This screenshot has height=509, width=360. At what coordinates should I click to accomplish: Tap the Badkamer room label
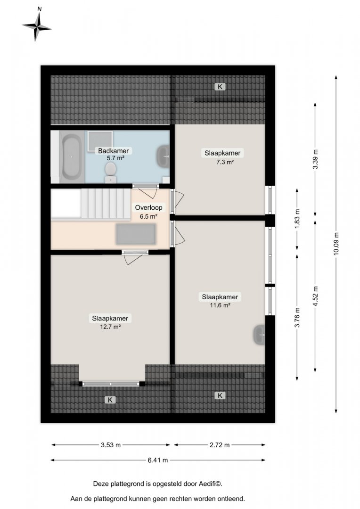(113, 151)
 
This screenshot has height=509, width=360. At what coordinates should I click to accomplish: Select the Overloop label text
(149, 207)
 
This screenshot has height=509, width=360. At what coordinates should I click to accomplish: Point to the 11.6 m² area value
(220, 305)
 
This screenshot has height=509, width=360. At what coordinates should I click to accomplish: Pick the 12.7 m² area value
(110, 327)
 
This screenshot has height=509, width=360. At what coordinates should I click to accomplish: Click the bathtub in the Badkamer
(72, 156)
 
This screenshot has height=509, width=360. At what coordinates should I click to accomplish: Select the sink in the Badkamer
(163, 156)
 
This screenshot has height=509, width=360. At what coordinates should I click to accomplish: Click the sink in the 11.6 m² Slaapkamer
(259, 335)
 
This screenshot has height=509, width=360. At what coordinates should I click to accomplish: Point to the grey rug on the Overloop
(136, 234)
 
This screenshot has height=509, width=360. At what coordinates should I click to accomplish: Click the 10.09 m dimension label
(336, 244)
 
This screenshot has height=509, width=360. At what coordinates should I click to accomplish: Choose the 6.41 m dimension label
(158, 460)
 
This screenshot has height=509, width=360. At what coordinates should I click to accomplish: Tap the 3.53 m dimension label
(111, 445)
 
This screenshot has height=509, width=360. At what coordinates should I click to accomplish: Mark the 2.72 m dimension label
(220, 445)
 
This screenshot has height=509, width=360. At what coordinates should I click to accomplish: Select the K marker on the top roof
(220, 87)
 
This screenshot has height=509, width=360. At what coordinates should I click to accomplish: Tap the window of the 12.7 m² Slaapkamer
(111, 384)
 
